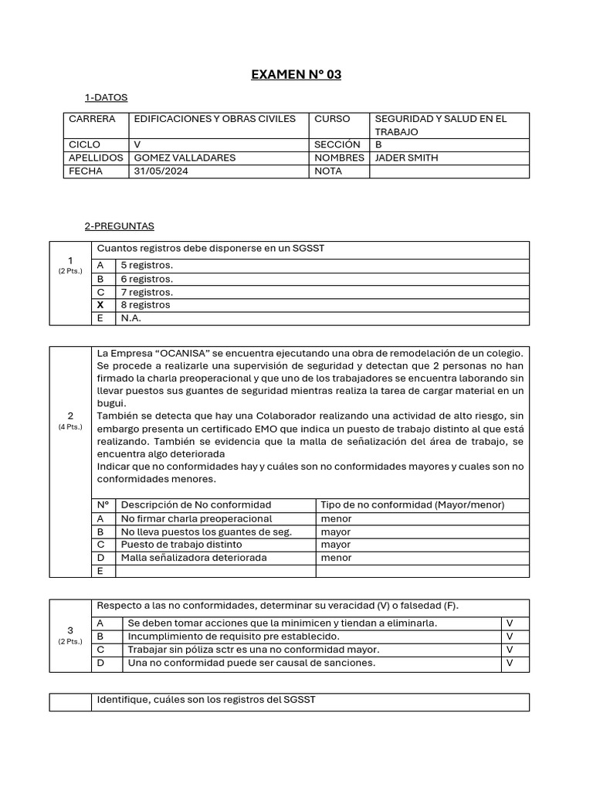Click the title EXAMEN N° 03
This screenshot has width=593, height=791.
coord(296,75)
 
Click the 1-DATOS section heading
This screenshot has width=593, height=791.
coord(106,98)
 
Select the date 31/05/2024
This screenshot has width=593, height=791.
coord(161,171)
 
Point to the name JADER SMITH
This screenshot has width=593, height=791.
coord(406,158)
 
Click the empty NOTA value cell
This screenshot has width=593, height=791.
coord(449,171)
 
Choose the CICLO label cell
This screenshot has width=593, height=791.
coord(85,144)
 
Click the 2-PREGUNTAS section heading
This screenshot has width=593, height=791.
coord(119,226)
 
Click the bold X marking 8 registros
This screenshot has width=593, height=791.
coord(100,305)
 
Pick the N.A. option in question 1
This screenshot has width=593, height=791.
coord(131,318)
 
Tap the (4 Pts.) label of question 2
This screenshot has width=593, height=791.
coord(70,427)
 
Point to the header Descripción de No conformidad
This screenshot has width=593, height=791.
coord(196,505)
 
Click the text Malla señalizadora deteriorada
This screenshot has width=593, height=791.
coord(194,558)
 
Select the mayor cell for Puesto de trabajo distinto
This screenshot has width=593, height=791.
coord(335,545)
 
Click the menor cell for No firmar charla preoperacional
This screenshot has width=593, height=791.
coord(336,519)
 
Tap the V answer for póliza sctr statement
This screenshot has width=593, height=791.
coord(510,650)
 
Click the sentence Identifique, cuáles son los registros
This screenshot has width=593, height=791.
coord(206,700)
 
